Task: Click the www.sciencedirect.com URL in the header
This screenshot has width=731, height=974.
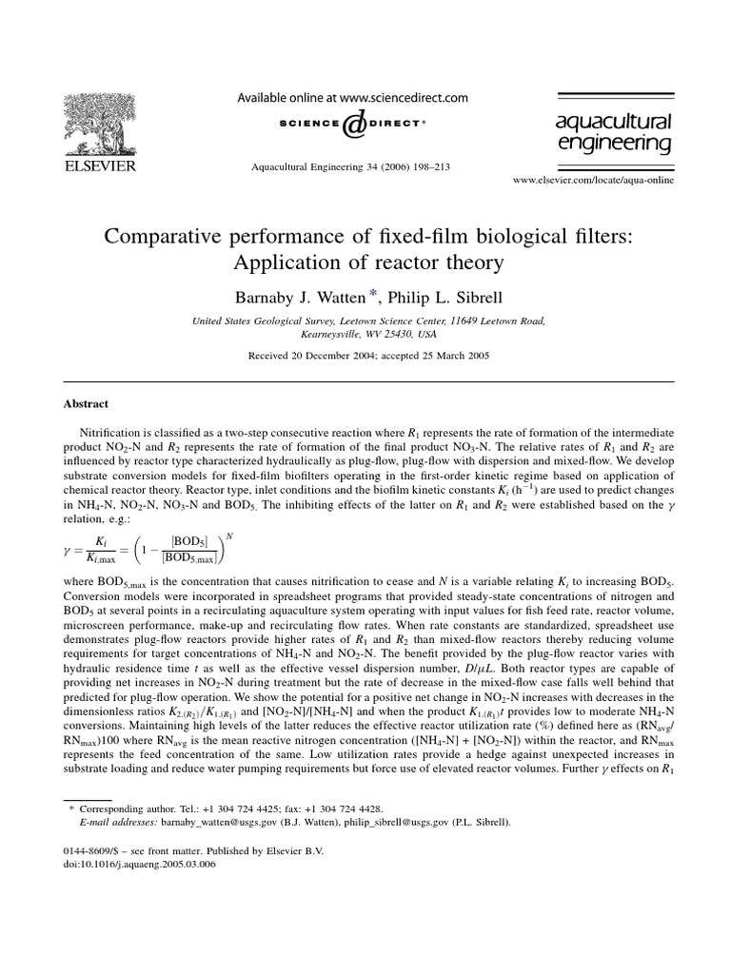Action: [x=404, y=97]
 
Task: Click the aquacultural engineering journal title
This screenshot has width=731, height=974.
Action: [x=614, y=131]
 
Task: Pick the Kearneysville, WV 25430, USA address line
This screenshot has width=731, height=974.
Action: [x=365, y=335]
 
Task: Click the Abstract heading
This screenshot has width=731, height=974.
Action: [x=86, y=403]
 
